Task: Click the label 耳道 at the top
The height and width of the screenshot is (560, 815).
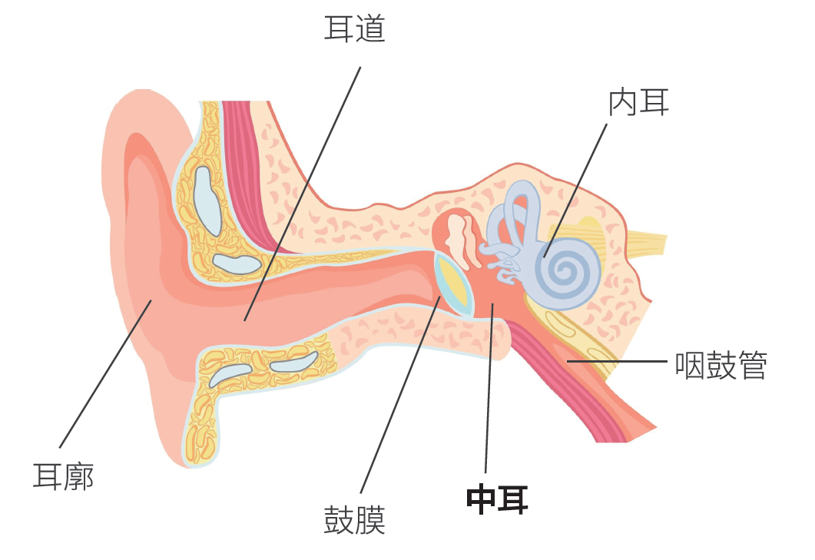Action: (x=354, y=29)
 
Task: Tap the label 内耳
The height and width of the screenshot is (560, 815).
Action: (x=638, y=103)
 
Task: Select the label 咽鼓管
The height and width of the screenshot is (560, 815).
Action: (x=721, y=366)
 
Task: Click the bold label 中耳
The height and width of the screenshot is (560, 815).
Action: (x=497, y=499)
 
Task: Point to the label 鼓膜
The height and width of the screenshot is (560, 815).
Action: (x=354, y=521)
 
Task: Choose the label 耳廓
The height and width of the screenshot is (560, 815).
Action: (x=63, y=476)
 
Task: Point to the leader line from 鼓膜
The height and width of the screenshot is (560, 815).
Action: (x=399, y=396)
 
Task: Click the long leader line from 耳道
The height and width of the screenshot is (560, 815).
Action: (x=303, y=192)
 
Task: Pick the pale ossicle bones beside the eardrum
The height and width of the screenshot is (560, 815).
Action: (x=460, y=238)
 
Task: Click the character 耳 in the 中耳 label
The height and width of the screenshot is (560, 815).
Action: (x=512, y=499)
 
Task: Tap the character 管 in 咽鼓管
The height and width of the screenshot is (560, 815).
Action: (x=751, y=366)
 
